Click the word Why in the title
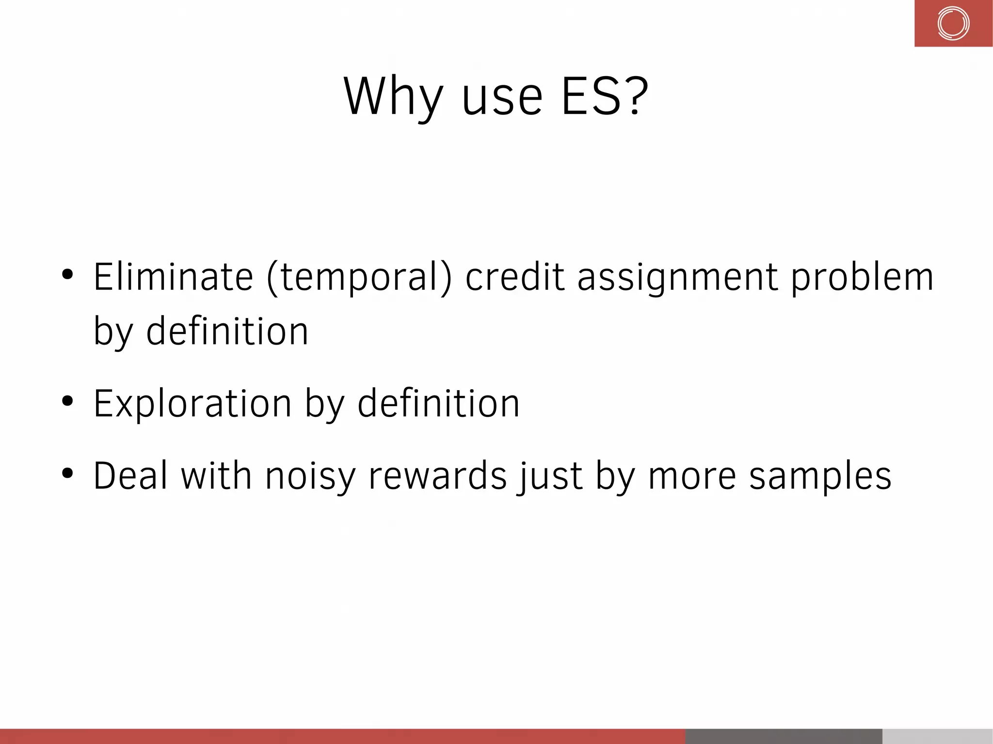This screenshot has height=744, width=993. [393, 97]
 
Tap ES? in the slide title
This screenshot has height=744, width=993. [604, 97]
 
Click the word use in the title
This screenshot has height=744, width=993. [502, 99]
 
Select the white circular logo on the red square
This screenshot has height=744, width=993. [953, 23]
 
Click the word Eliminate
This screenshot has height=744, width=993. [173, 277]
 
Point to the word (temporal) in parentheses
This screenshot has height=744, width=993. [359, 278]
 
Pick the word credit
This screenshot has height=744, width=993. [515, 277]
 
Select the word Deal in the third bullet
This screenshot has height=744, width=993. [130, 475]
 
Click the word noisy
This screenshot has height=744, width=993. [310, 477]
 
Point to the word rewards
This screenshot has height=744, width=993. [438, 475]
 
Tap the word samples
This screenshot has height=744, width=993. [820, 477]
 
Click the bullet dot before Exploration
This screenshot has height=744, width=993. [67, 401]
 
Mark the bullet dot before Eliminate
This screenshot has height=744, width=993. [67, 274]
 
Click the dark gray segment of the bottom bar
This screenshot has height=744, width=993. [784, 736]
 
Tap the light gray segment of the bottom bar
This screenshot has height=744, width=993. [937, 736]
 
